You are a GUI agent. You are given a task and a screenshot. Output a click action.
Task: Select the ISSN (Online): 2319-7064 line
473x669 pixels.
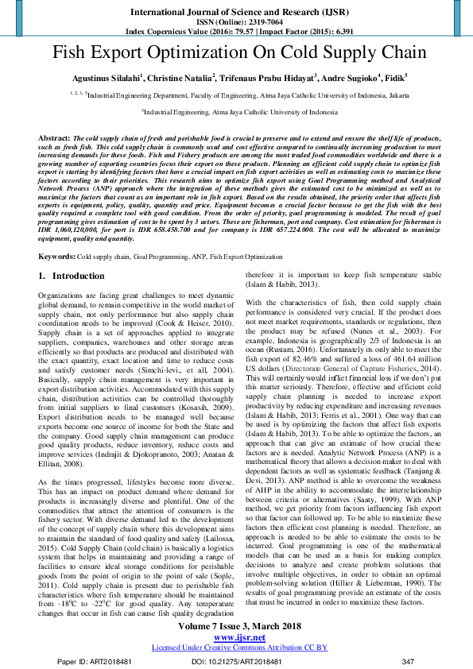236,21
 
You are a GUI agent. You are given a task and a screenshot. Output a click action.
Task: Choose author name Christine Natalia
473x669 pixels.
180,79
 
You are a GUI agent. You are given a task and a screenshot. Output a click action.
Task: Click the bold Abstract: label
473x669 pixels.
53,138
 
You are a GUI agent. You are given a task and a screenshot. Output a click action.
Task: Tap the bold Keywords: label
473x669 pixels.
56,236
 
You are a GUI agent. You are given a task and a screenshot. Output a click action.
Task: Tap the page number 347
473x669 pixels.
409,661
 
